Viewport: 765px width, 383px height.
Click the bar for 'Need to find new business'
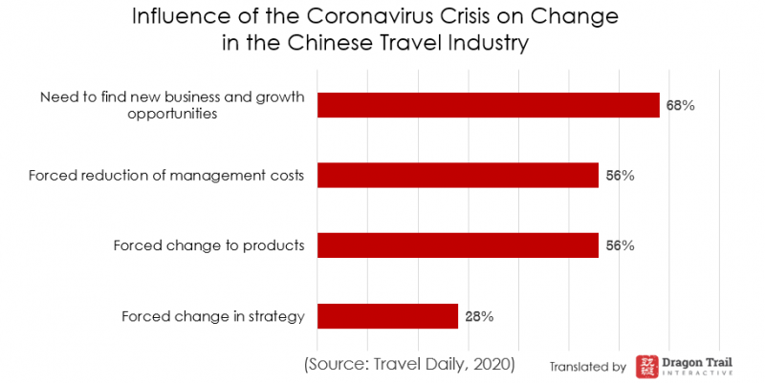488,105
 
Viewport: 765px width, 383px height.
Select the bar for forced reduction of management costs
457,175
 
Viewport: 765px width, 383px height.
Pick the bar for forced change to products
457,245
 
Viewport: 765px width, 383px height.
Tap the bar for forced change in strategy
387,316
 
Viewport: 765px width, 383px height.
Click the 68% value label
680,105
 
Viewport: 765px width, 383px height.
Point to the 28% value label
479,316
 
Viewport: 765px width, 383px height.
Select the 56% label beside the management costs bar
620,175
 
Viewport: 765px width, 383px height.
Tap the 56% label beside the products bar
620,245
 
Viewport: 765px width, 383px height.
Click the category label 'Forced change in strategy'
213,316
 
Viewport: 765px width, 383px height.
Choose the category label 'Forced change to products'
208,245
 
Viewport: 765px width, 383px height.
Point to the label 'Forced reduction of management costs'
166,175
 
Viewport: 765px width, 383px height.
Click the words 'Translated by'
587,366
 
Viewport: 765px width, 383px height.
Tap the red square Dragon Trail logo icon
647,365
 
